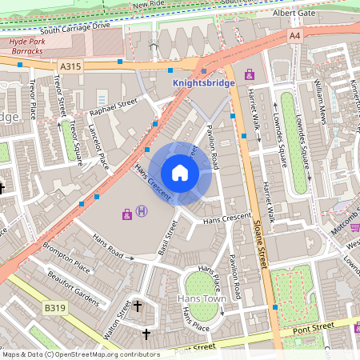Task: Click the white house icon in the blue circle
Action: coord(180,173)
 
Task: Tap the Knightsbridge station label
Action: coord(204,82)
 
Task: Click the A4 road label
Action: coord(294,35)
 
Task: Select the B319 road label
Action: coord(54,308)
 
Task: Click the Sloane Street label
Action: coord(259,240)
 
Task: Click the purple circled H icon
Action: coord(142,212)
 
